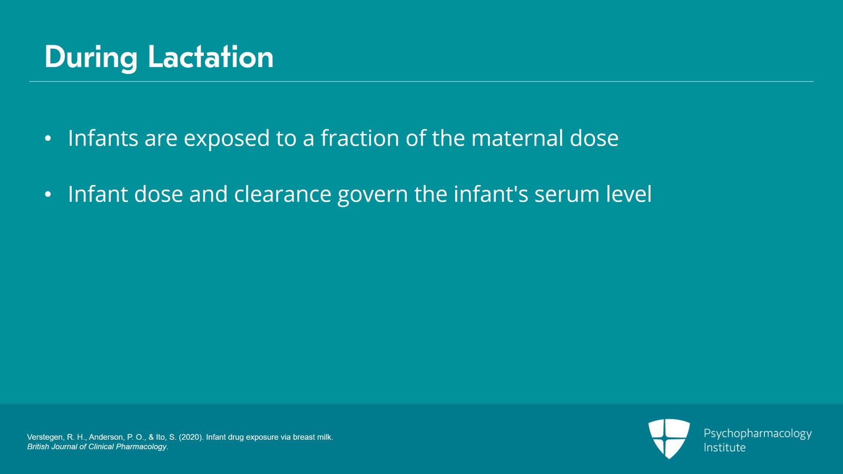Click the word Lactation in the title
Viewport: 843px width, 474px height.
[x=211, y=57]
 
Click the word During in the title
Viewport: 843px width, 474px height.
[x=91, y=57]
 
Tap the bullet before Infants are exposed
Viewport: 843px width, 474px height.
[x=48, y=139]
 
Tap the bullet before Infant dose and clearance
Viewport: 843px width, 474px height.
[x=48, y=195]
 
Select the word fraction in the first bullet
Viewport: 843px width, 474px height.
[x=360, y=138]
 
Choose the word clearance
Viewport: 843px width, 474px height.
[x=282, y=194]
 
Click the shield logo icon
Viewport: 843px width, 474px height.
[x=669, y=438]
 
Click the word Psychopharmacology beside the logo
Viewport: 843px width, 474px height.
[x=757, y=434]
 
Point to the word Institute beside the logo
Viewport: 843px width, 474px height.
[x=724, y=448]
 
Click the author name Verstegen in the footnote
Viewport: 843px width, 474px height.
[x=44, y=437]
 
